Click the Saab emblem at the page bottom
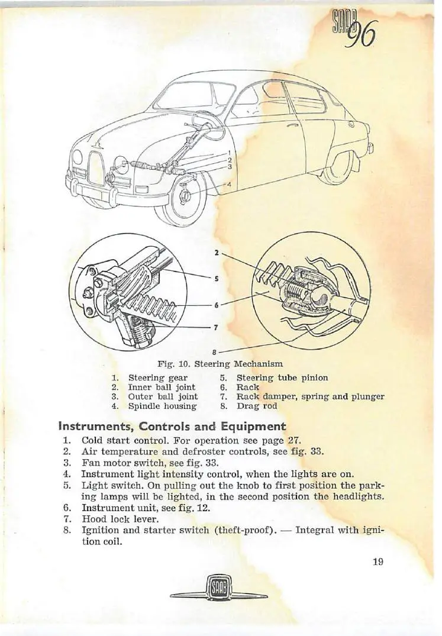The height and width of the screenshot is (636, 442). coord(220,592)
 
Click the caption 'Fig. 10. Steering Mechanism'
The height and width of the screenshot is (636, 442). coord(220,363)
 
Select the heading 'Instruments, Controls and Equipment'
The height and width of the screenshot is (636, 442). coord(172,426)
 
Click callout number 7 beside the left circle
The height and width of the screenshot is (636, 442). coord(217,327)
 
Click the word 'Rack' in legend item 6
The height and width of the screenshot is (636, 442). coord(247,387)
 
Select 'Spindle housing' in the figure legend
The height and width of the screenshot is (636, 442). coord(162,406)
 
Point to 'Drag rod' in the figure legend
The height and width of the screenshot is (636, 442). coord(256,406)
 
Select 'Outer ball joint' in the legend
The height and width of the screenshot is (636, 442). coord(163,396)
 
